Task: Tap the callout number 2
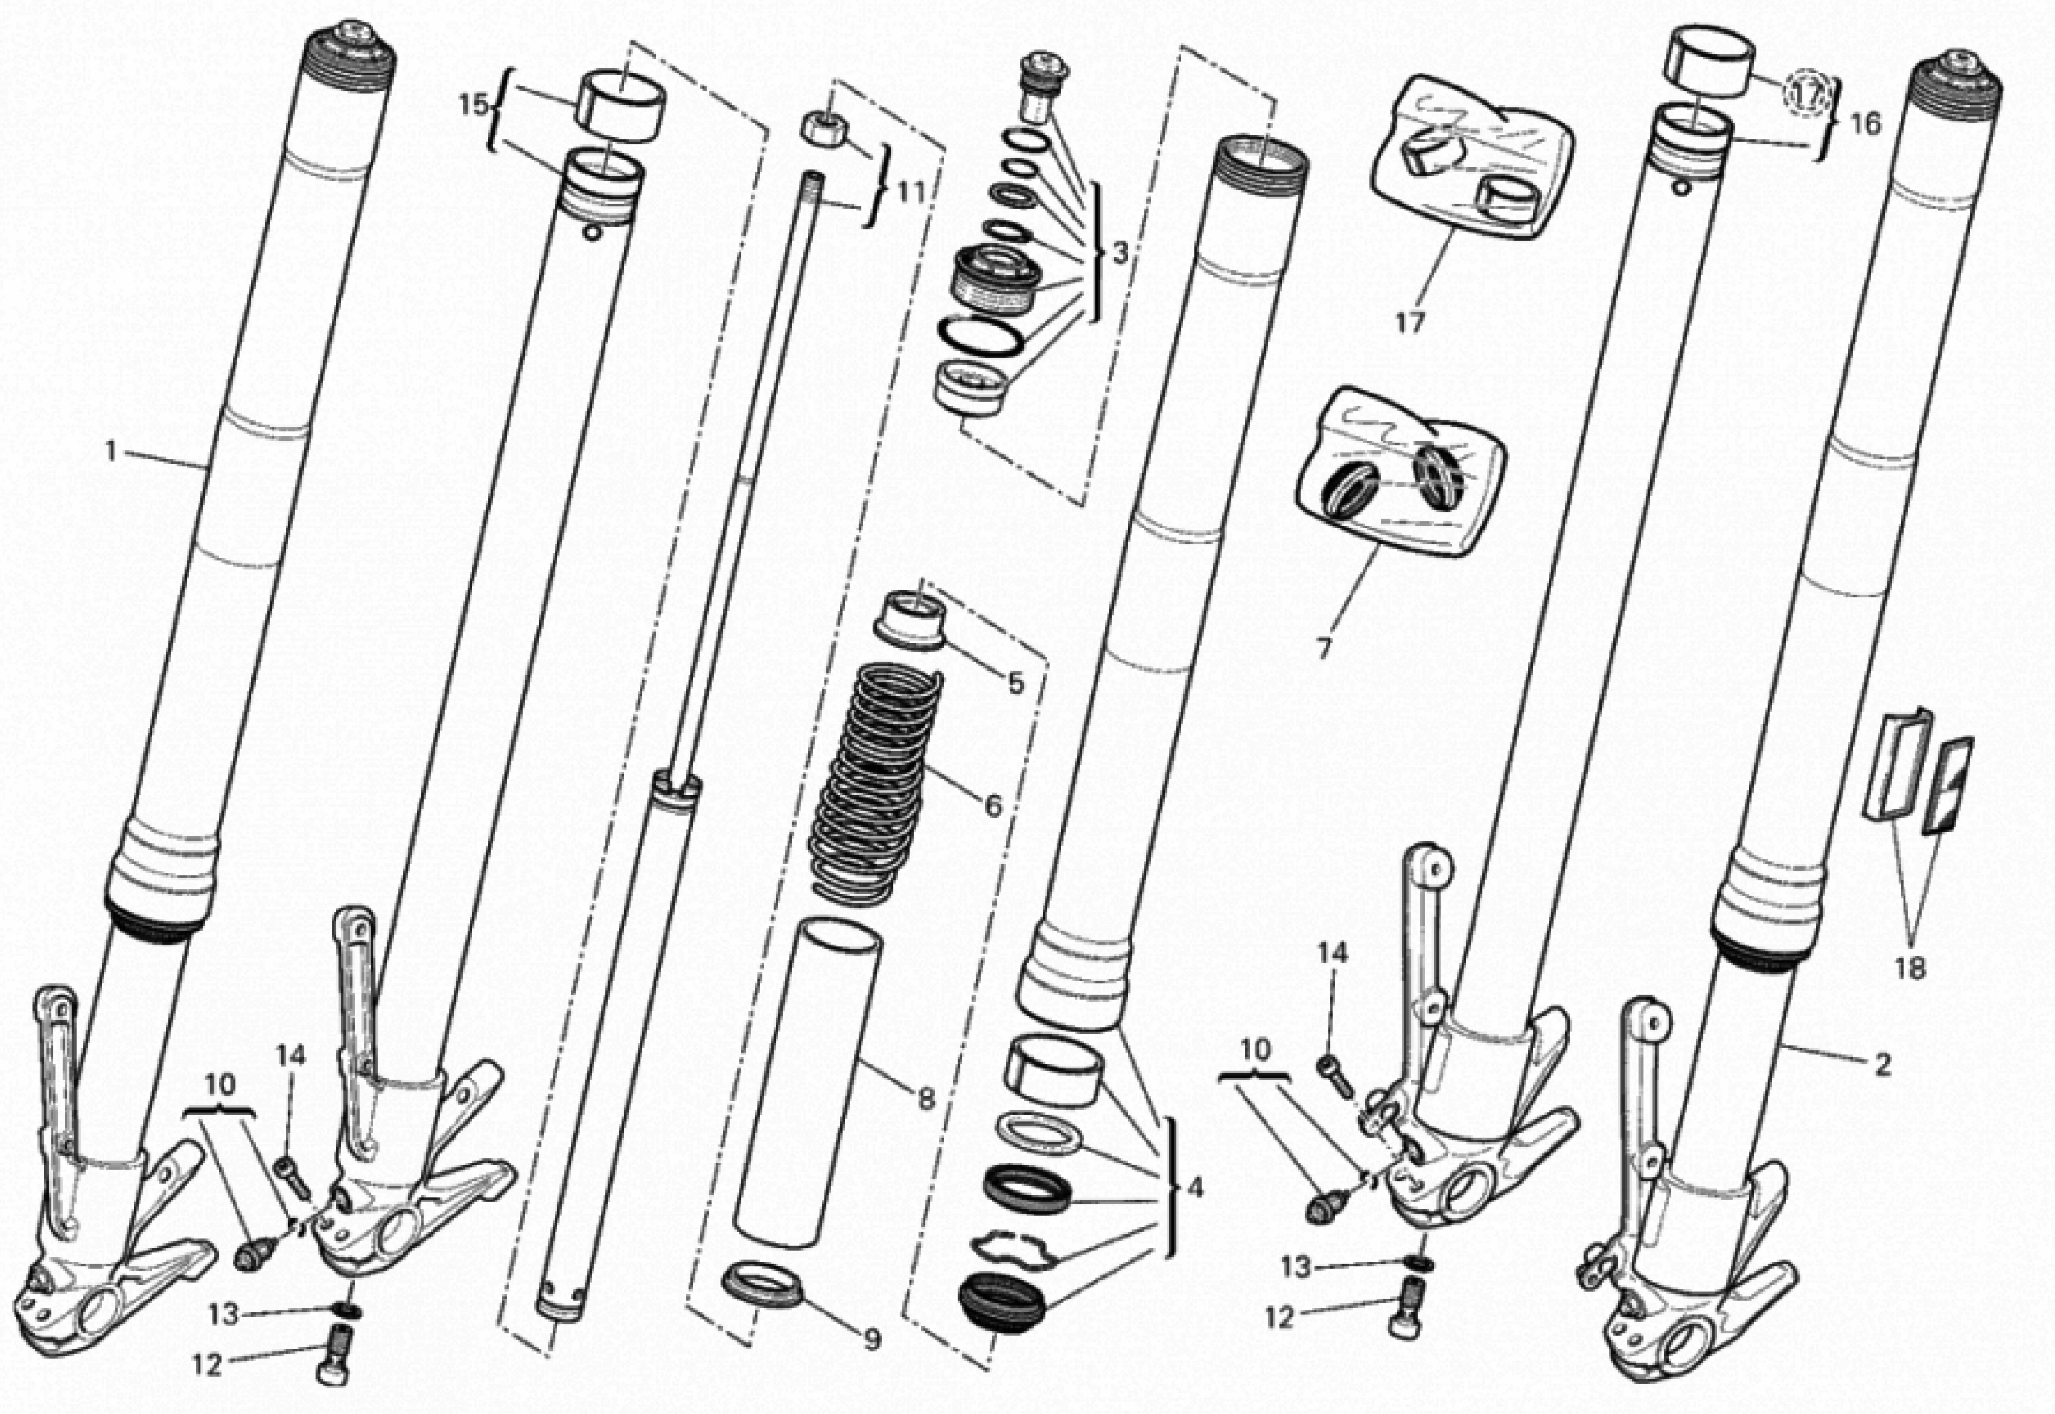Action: [x=1882, y=1064]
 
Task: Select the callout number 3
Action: [x=1120, y=254]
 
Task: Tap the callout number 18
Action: [x=1911, y=968]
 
